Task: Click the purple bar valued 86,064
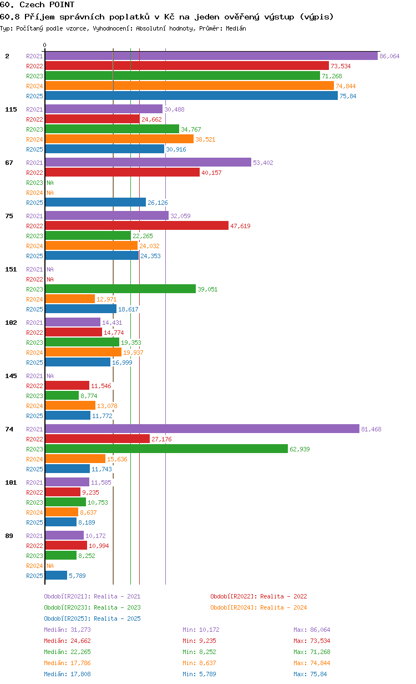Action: pos(211,56)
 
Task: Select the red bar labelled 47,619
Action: pos(137,225)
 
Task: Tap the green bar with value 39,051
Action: pos(120,289)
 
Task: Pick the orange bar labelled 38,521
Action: pos(119,139)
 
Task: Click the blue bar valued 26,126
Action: pos(95,202)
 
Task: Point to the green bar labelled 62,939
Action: pos(166,449)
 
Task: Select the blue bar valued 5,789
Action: pos(56,575)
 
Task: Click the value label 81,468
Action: pos(371,429)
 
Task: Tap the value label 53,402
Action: pos(263,163)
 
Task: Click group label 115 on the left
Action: pos(11,109)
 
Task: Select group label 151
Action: pos(11,269)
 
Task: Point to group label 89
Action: pos(9,536)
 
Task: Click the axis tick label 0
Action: pos(44,45)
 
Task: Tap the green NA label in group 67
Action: pos(50,183)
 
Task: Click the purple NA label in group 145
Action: pos(50,376)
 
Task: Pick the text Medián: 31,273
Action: pos(68,630)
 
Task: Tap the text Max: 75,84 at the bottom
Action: pos(310,674)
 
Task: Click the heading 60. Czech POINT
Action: pos(37,4)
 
